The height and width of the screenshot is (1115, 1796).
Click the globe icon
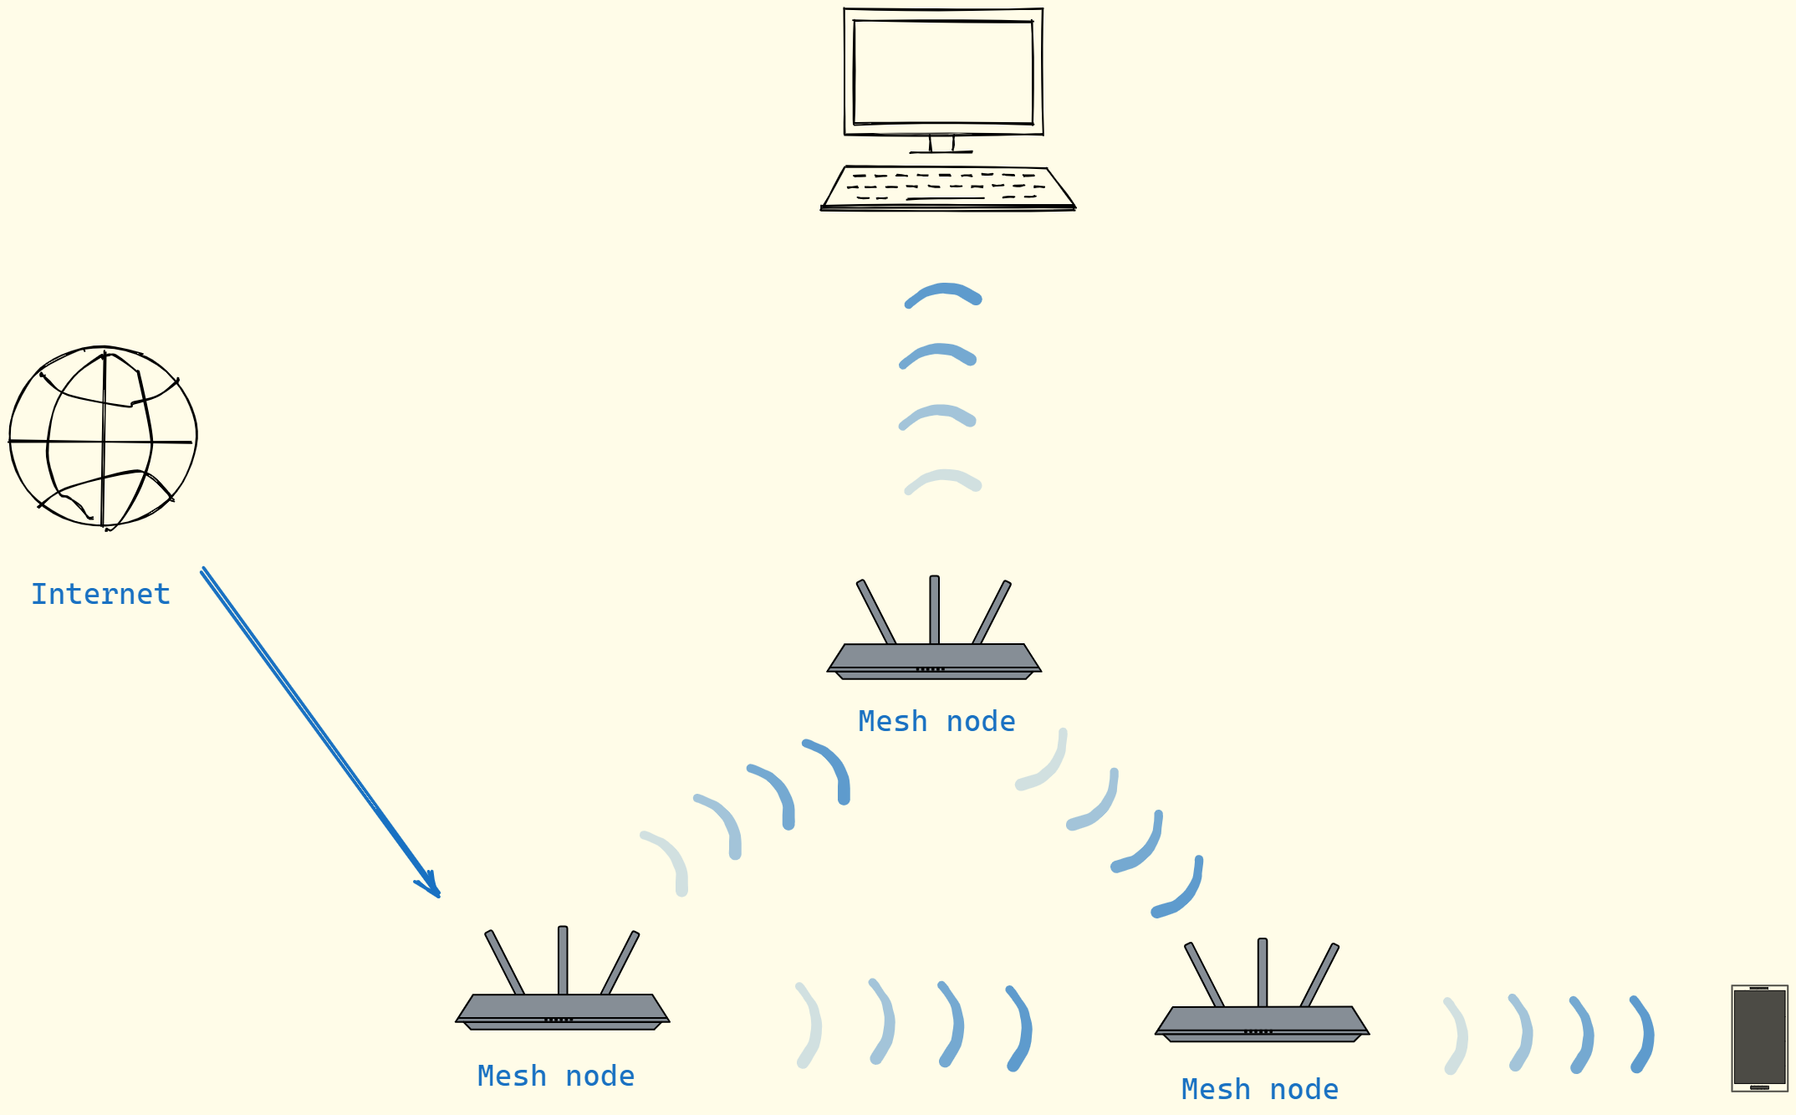pyautogui.click(x=103, y=437)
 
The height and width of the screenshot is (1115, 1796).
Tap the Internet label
pyautogui.click(x=100, y=595)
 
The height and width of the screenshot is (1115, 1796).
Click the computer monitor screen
pyautogui.click(x=943, y=73)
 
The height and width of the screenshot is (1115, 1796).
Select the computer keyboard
pyautogui.click(x=947, y=187)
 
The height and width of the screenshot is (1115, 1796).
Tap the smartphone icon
pyautogui.click(x=1759, y=1038)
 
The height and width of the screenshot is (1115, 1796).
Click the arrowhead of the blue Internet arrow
pyautogui.click(x=431, y=888)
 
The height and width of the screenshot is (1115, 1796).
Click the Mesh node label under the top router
pyautogui.click(x=936, y=722)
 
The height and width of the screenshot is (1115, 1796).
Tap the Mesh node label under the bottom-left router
pyautogui.click(x=556, y=1077)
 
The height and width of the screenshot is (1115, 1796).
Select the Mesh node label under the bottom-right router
pyautogui.click(x=1260, y=1090)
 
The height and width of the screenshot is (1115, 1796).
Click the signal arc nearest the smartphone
pyautogui.click(x=1643, y=1034)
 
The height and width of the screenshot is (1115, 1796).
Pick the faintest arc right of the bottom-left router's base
pyautogui.click(x=809, y=1025)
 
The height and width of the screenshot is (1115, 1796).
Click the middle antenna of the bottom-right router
pyautogui.click(x=1263, y=972)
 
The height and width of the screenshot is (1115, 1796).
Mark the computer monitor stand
pyautogui.click(x=941, y=144)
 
